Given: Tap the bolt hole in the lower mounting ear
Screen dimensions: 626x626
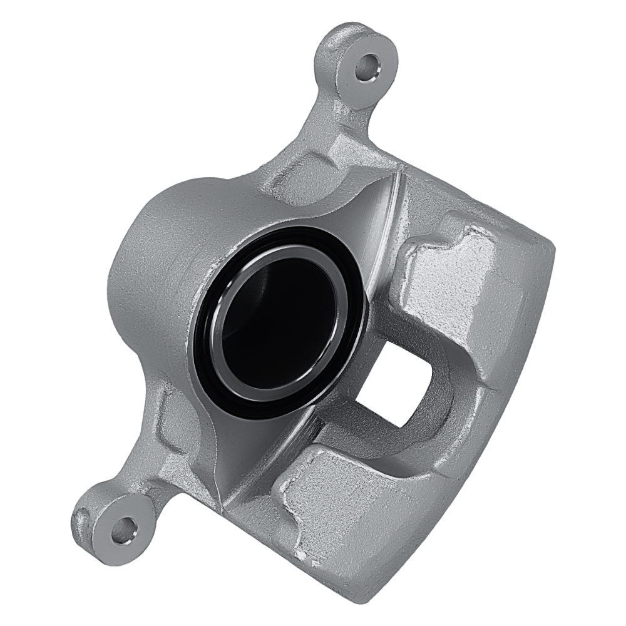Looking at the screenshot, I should (x=124, y=529).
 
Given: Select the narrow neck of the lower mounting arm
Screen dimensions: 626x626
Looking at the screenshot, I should (x=150, y=476).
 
